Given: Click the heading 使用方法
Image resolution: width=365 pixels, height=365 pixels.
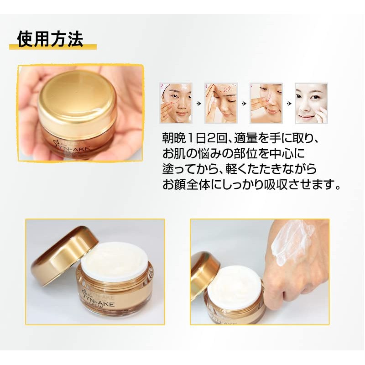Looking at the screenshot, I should (x=50, y=39).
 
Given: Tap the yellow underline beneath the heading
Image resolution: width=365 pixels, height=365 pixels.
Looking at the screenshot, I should (x=53, y=47).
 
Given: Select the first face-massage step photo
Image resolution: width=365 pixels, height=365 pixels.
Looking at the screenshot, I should (x=176, y=103).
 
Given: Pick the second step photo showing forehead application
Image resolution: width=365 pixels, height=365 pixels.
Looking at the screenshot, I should (x=221, y=103).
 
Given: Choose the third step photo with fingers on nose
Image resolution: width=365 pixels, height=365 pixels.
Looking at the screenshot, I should (x=266, y=103).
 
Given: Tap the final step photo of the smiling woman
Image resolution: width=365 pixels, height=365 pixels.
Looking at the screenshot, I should (x=311, y=103).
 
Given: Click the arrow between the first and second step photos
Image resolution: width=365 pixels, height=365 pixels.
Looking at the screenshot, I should (x=198, y=104).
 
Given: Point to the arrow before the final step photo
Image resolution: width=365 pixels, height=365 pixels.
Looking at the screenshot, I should (x=289, y=104).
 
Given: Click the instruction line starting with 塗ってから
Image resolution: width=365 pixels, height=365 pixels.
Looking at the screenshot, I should (x=239, y=169).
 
